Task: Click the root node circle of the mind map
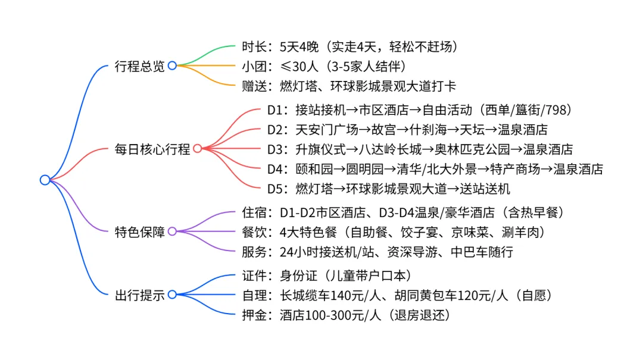(45, 180)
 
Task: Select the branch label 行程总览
(139, 66)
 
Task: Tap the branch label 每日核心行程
(152, 149)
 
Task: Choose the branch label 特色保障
(139, 231)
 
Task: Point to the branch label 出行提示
(139, 295)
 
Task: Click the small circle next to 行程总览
(172, 65)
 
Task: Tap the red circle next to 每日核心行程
(197, 149)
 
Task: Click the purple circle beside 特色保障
(172, 231)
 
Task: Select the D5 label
(274, 190)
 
